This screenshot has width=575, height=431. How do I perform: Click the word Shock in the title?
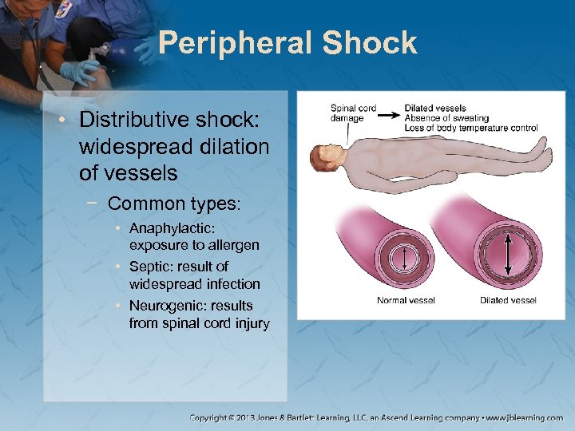(370, 43)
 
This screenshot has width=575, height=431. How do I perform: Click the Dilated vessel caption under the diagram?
(508, 301)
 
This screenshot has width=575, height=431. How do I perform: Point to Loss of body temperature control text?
(471, 128)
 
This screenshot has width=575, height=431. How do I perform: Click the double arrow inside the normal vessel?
(404, 257)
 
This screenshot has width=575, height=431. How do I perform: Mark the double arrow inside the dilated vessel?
(508, 253)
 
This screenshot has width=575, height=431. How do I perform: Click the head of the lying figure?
(327, 157)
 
